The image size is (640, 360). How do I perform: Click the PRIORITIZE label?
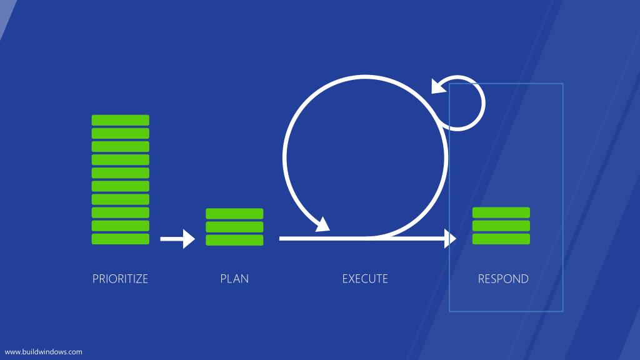click(120, 279)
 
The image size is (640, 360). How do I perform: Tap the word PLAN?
click(234, 279)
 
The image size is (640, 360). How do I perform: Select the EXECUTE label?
click(365, 279)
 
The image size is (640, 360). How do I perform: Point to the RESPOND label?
click(503, 279)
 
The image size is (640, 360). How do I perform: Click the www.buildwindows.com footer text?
click(43, 352)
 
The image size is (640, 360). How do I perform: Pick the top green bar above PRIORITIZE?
click(121, 120)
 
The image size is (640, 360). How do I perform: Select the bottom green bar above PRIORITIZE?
click(121, 239)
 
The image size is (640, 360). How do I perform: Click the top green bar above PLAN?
click(234, 214)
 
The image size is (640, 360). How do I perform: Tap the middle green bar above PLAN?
click(234, 226)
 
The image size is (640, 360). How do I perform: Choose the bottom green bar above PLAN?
click(234, 240)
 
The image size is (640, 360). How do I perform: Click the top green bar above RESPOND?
click(501, 212)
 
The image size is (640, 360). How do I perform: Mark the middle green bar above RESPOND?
click(501, 226)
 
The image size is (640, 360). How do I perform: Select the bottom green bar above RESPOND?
click(501, 239)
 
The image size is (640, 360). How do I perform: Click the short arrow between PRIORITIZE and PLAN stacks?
click(177, 239)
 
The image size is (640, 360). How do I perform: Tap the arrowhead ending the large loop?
click(324, 225)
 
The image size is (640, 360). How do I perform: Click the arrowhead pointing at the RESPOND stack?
click(450, 239)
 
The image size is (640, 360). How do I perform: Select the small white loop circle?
click(484, 103)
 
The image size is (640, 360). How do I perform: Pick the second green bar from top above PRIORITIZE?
click(121, 133)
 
